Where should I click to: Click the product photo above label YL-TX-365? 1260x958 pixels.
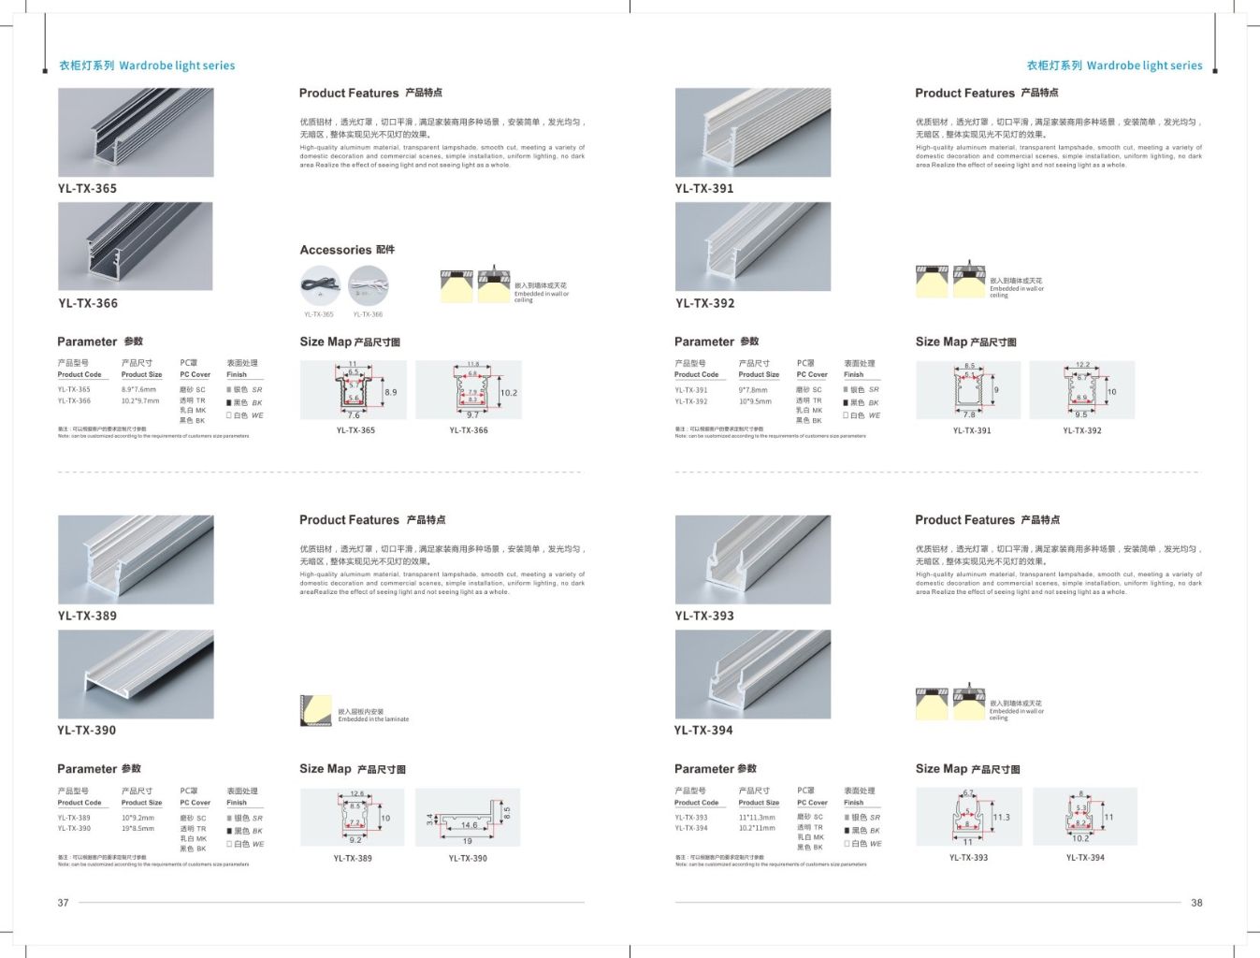point(136,132)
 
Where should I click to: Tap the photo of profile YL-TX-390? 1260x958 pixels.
point(136,674)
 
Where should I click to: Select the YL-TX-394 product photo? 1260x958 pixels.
point(752,674)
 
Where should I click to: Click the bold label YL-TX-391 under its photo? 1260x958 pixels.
point(704,188)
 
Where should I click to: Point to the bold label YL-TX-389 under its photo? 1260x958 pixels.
point(87,616)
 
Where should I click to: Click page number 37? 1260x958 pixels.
point(63,903)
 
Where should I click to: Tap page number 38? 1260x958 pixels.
point(1196,903)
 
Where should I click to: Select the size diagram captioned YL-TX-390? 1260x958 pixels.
point(468,818)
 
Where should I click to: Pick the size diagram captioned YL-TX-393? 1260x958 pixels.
point(968,817)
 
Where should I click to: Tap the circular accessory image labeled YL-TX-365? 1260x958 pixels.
point(319,285)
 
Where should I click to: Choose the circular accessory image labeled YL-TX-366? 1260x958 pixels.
point(368,285)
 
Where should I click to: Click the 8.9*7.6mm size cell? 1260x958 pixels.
point(138,389)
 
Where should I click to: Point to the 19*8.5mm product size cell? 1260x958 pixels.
point(138,828)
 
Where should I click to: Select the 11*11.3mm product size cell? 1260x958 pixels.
point(757,817)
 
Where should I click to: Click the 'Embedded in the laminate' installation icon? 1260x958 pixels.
point(316,710)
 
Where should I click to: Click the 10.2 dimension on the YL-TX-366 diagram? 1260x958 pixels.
point(508,393)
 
